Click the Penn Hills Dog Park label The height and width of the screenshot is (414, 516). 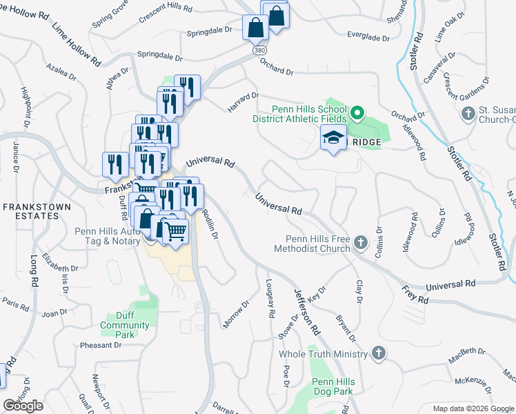click(333, 386)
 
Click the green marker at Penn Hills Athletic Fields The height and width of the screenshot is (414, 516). click(357, 112)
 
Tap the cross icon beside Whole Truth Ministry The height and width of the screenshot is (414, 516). click(377, 353)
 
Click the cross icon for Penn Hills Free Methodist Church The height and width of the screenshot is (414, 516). click(361, 242)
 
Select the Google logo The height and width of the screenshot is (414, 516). click(23, 406)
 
